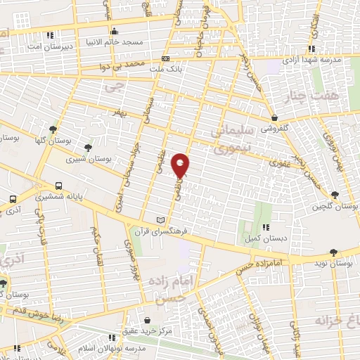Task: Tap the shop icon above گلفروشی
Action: (x=274, y=118)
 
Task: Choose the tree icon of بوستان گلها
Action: (x=53, y=129)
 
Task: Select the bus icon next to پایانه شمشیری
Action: (x=59, y=185)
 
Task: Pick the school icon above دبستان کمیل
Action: (x=266, y=226)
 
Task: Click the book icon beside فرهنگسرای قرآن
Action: (x=164, y=219)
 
